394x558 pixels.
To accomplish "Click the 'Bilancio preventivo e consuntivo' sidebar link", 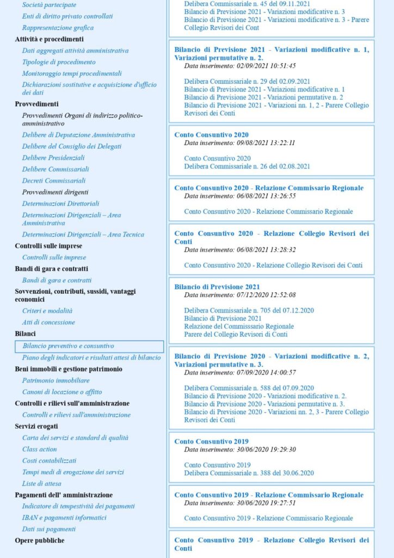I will pos(68,346).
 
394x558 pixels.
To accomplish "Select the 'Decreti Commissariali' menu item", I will pos(54,180).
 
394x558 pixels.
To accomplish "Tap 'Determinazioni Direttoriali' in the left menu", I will pos(60,203).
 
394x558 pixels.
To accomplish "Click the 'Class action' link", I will pos(39,449).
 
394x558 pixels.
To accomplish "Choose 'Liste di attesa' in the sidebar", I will pos(41,483).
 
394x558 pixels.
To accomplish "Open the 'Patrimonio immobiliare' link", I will pos(56,380).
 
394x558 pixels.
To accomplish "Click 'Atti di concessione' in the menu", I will pos(48,322).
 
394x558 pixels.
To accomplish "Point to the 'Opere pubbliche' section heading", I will pos(39,541).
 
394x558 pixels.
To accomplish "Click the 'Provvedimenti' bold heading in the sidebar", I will pos(36,104).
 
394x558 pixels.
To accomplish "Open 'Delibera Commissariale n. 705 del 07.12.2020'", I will pos(249,311).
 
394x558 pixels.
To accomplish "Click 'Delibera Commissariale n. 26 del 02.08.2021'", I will pos(247,166).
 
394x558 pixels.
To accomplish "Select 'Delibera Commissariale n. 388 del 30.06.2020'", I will pos(249,473).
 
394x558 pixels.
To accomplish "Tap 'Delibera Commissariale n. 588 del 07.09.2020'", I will pos(249,388).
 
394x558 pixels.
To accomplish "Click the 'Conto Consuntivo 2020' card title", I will pos(211,135).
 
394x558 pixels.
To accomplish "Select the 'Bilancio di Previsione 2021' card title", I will pos(217,287).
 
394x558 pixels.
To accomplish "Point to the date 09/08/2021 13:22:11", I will pos(239,143).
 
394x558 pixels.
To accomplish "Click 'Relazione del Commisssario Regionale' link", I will pos(239,326).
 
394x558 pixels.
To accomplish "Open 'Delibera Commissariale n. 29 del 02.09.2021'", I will pos(247,81).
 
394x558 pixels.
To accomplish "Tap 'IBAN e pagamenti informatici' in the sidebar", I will pos(64,518).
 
